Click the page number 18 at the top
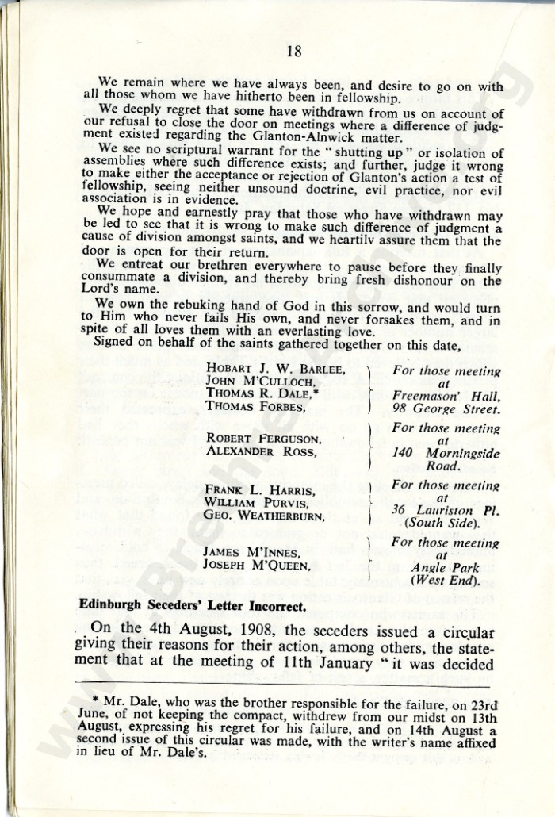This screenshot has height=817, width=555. pos(293,52)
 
